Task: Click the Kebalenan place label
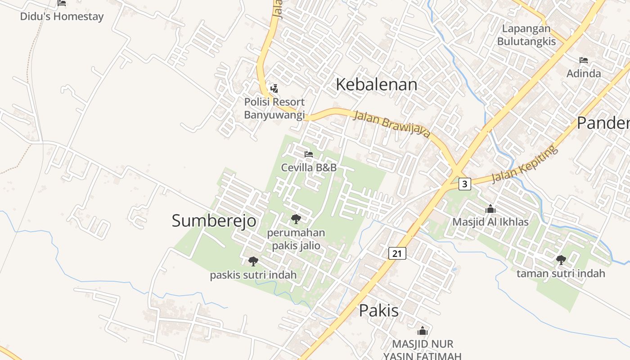tap(377, 85)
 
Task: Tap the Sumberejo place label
tap(214, 220)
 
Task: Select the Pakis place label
tap(378, 310)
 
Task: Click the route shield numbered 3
tap(465, 184)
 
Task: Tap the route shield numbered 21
tap(397, 253)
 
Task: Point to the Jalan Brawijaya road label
tap(392, 124)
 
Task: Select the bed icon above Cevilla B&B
tap(309, 154)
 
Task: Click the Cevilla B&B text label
tap(309, 167)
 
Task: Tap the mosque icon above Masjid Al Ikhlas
tap(490, 209)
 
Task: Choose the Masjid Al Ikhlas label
tap(490, 222)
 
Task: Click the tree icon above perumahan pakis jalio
tap(296, 219)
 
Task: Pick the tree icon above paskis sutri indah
tap(253, 261)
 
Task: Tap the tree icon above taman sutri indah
tap(561, 260)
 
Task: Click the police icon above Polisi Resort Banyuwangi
tap(274, 89)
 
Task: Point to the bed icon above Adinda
tap(584, 60)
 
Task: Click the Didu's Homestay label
tap(62, 17)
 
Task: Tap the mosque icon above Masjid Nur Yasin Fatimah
tap(422, 331)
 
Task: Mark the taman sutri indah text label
tap(561, 273)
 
